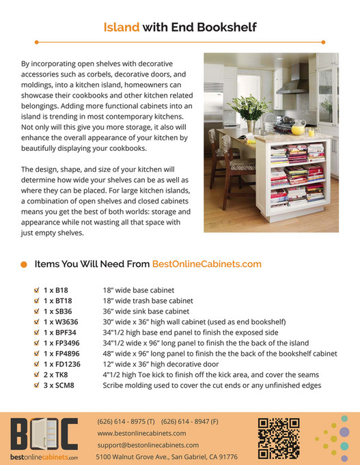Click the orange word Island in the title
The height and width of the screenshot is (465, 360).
tap(121, 28)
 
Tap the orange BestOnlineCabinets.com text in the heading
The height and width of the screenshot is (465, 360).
tap(206, 263)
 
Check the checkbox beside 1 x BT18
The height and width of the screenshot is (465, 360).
tap(36, 300)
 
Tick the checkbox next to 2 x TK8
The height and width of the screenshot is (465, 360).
tap(36, 375)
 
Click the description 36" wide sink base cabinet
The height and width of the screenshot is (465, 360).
tap(148, 311)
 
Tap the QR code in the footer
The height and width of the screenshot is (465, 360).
tap(279, 438)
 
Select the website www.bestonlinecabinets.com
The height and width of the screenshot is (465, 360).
tap(141, 433)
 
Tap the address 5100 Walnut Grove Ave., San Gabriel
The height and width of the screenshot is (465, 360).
tap(166, 456)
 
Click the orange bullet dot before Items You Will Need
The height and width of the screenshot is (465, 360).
tap(24, 264)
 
